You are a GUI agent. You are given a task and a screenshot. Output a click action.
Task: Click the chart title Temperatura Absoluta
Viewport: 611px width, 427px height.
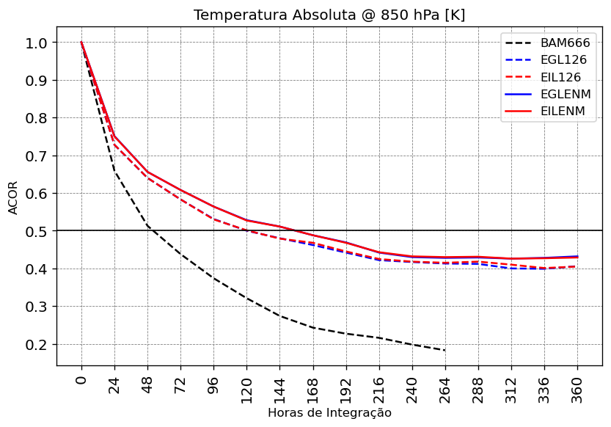click(x=329, y=15)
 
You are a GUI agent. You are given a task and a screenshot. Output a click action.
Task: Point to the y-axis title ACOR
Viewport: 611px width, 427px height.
click(x=13, y=197)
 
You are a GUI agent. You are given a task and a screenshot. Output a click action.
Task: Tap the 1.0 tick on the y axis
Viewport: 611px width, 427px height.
click(x=37, y=43)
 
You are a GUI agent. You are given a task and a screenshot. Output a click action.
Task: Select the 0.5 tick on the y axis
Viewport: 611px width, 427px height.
click(x=37, y=231)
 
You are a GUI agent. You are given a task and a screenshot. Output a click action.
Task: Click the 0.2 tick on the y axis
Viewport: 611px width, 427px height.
click(x=37, y=344)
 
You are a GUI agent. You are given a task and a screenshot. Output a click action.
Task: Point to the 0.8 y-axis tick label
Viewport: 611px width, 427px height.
click(x=37, y=118)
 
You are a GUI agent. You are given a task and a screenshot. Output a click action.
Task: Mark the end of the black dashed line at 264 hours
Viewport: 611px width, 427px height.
click(x=445, y=351)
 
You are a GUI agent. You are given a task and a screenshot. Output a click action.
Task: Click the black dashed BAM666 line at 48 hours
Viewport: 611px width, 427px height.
click(x=147, y=225)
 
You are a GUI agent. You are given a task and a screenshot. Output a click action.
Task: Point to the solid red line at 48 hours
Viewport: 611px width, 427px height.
click(x=147, y=172)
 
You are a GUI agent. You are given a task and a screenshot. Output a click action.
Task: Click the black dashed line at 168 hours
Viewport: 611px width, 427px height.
click(x=313, y=328)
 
